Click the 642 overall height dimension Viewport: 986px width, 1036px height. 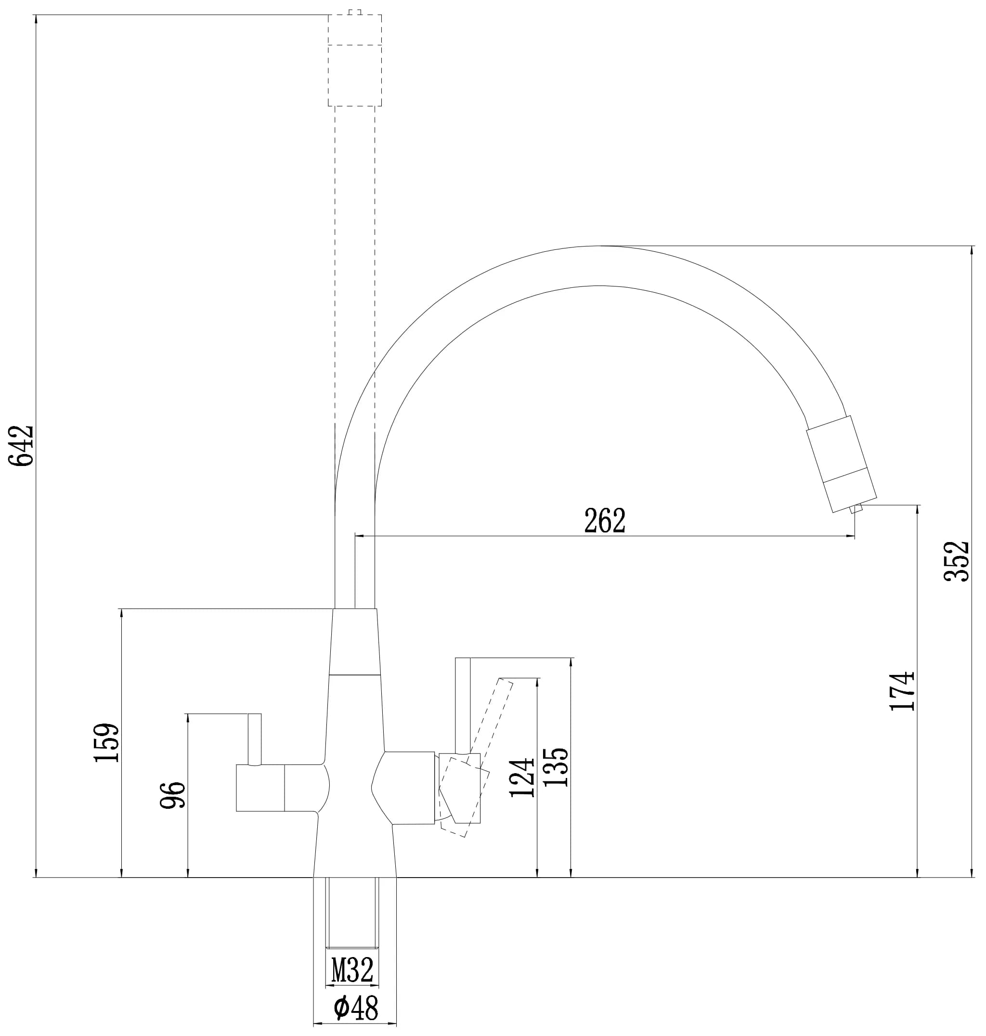tap(21, 446)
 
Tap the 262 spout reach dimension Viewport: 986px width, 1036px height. tap(605, 520)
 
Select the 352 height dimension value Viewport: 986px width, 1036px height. tap(956, 561)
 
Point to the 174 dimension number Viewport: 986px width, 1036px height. tap(902, 691)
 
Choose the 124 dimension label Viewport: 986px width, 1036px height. tap(522, 777)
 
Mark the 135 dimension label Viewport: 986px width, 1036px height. tap(556, 767)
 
